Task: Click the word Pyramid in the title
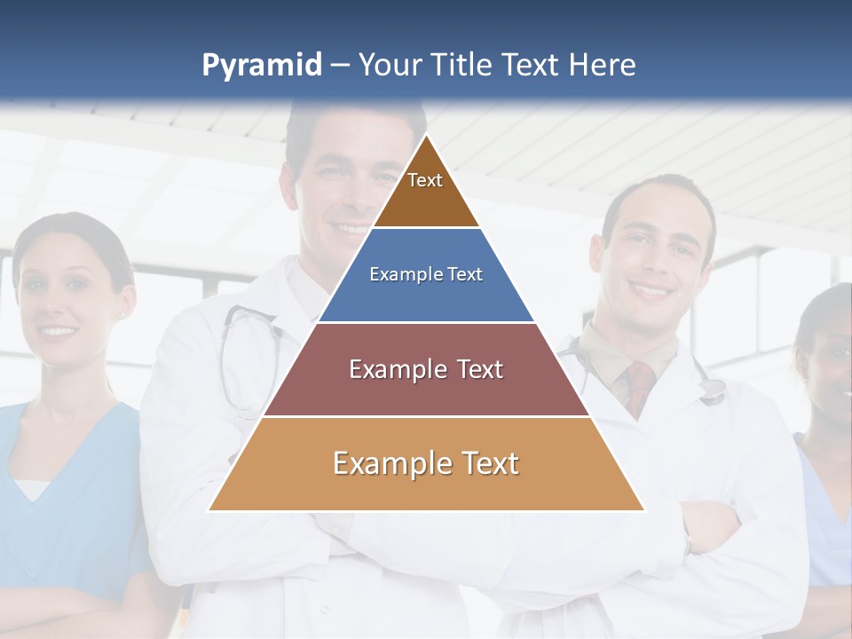pos(262,66)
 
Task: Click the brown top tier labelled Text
pos(426,191)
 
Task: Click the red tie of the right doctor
pos(638,386)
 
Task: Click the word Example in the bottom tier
pos(383,463)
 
